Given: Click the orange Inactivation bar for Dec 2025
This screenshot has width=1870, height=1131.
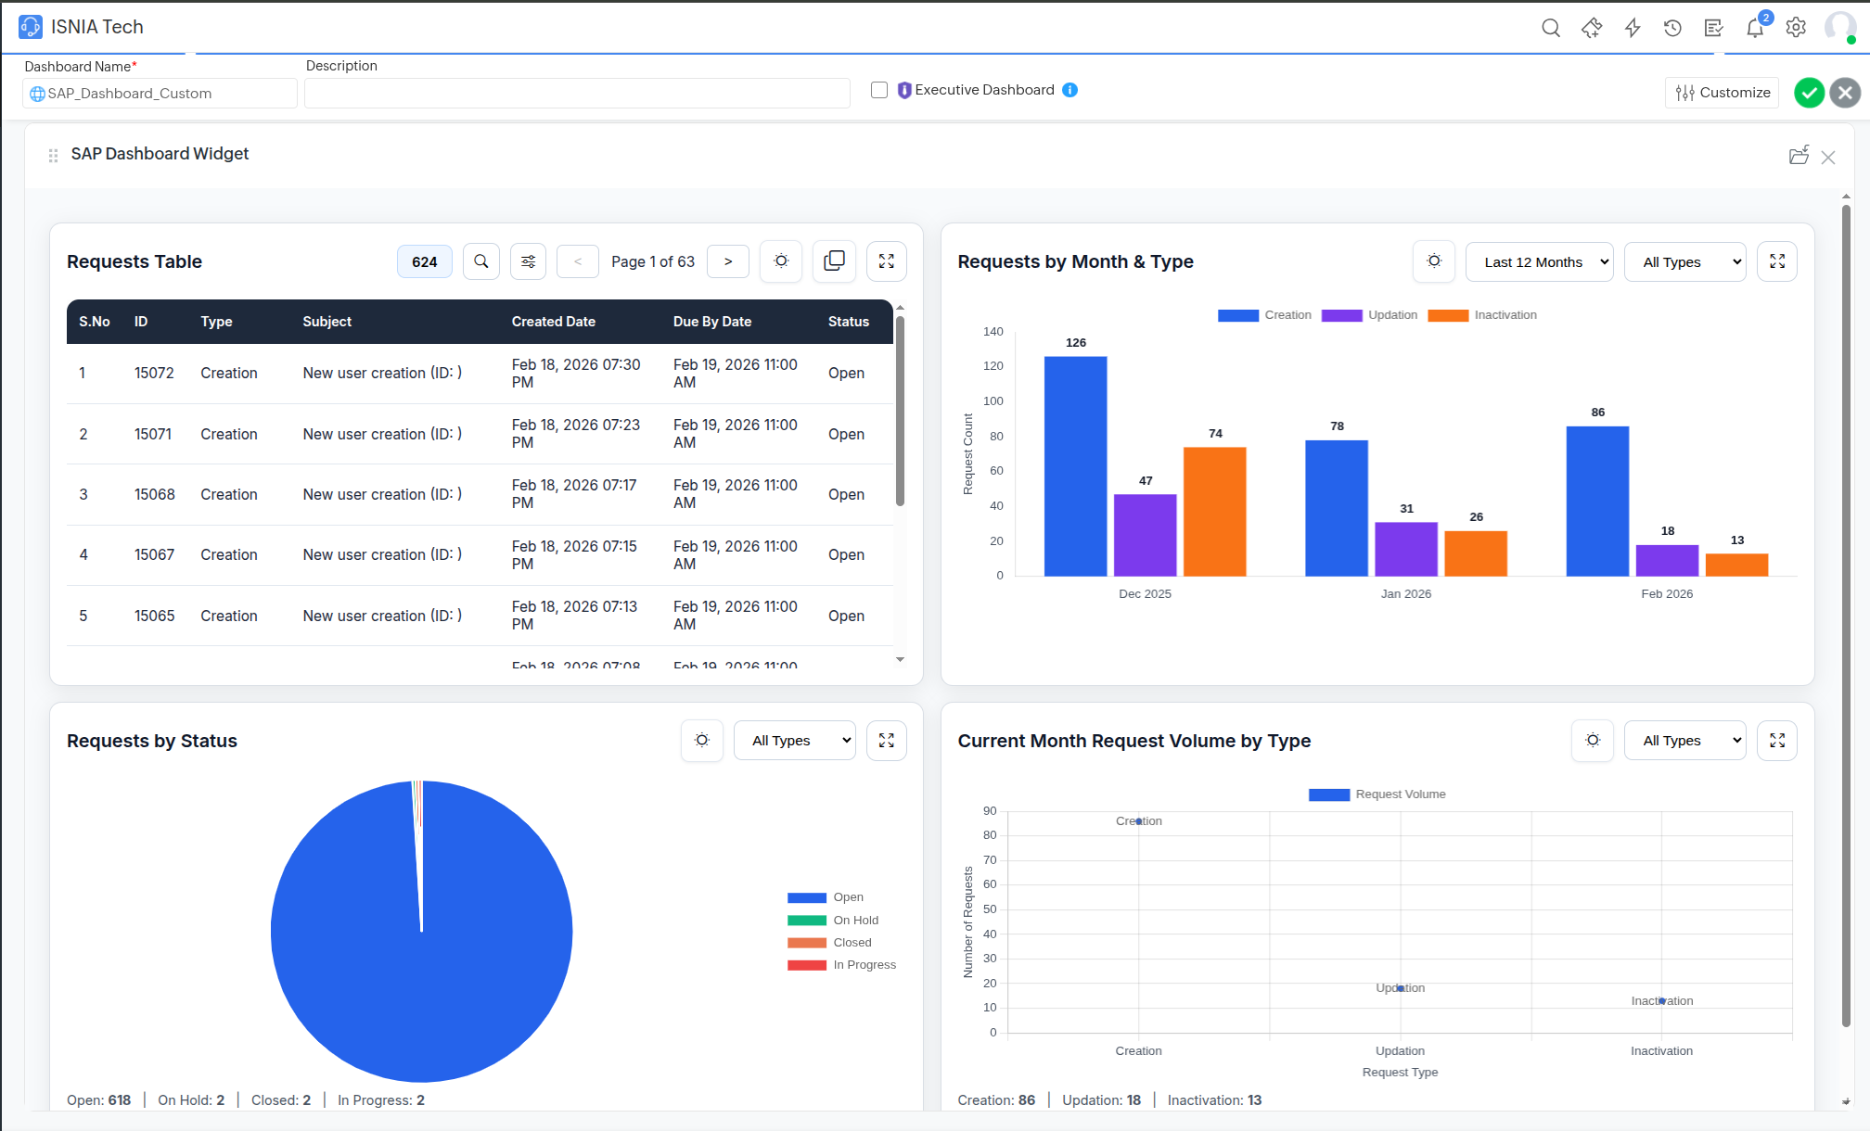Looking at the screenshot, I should pyautogui.click(x=1214, y=512).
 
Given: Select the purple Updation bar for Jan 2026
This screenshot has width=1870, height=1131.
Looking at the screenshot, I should pyautogui.click(x=1406, y=549).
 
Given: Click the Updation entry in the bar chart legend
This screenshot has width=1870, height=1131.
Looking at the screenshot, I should pyautogui.click(x=1370, y=315).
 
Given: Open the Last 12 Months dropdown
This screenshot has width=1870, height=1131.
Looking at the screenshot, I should pyautogui.click(x=1539, y=262).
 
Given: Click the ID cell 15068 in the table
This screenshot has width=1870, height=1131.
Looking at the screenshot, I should pyautogui.click(x=154, y=494).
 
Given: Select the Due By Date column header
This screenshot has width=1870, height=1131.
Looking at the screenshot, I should pyautogui.click(x=711, y=322).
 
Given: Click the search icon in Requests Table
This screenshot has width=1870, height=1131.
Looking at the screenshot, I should pyautogui.click(x=480, y=261).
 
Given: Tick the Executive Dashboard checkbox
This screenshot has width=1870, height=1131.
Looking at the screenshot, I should pyautogui.click(x=879, y=90).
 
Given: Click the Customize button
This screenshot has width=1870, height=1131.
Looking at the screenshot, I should pyautogui.click(x=1723, y=93).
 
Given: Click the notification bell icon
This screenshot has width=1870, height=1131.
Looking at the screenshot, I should pyautogui.click(x=1754, y=28).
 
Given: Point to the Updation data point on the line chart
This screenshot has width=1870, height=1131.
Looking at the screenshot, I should pyautogui.click(x=1400, y=988).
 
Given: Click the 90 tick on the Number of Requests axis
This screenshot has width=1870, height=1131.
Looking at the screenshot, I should pyautogui.click(x=990, y=811).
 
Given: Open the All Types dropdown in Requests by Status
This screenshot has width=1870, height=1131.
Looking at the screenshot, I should pyautogui.click(x=794, y=741).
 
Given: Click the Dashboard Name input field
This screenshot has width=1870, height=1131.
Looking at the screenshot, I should pyautogui.click(x=160, y=94).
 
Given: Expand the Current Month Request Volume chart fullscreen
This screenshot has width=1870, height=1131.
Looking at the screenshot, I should pyautogui.click(x=1776, y=741).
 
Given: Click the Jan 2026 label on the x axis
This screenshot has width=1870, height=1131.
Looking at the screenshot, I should pyautogui.click(x=1405, y=594).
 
